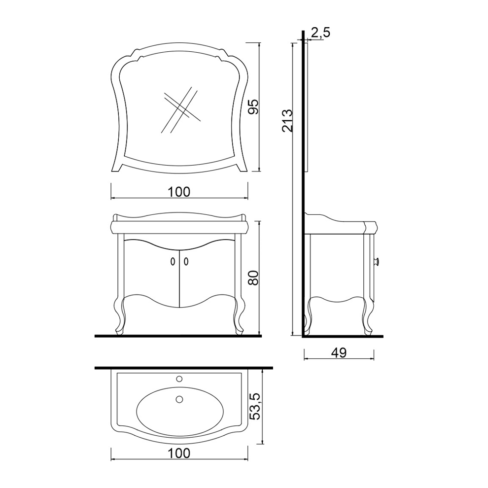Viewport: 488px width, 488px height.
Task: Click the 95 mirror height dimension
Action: (253, 107)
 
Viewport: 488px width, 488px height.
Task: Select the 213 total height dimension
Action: (287, 120)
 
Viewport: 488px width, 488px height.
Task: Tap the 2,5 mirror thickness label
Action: (320, 33)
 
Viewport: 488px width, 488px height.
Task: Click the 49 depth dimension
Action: (339, 353)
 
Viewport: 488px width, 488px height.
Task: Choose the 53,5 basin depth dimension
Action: (255, 405)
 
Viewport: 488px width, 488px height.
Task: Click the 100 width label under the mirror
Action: (178, 192)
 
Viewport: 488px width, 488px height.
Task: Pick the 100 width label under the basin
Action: (178, 453)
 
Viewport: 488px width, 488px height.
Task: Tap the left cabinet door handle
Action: (172, 262)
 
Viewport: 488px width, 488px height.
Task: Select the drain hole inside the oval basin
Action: (179, 399)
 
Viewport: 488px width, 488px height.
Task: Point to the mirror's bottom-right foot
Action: (242, 168)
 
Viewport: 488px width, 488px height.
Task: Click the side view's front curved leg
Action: (368, 315)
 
